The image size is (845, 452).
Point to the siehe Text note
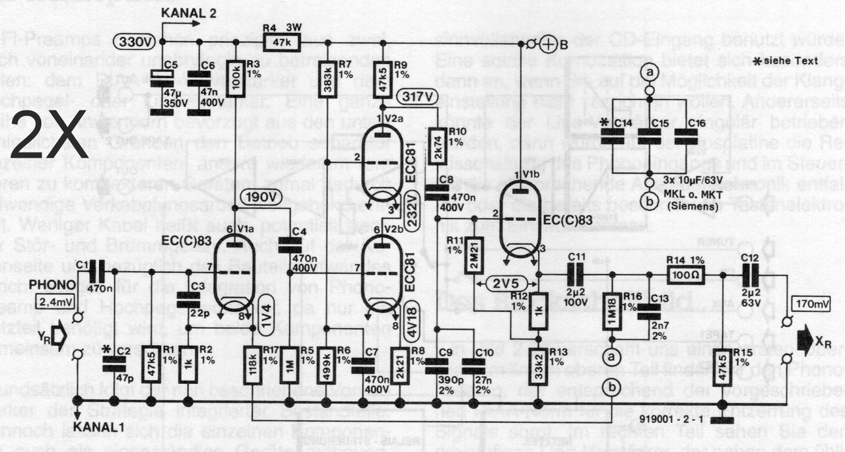tap(785, 61)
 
